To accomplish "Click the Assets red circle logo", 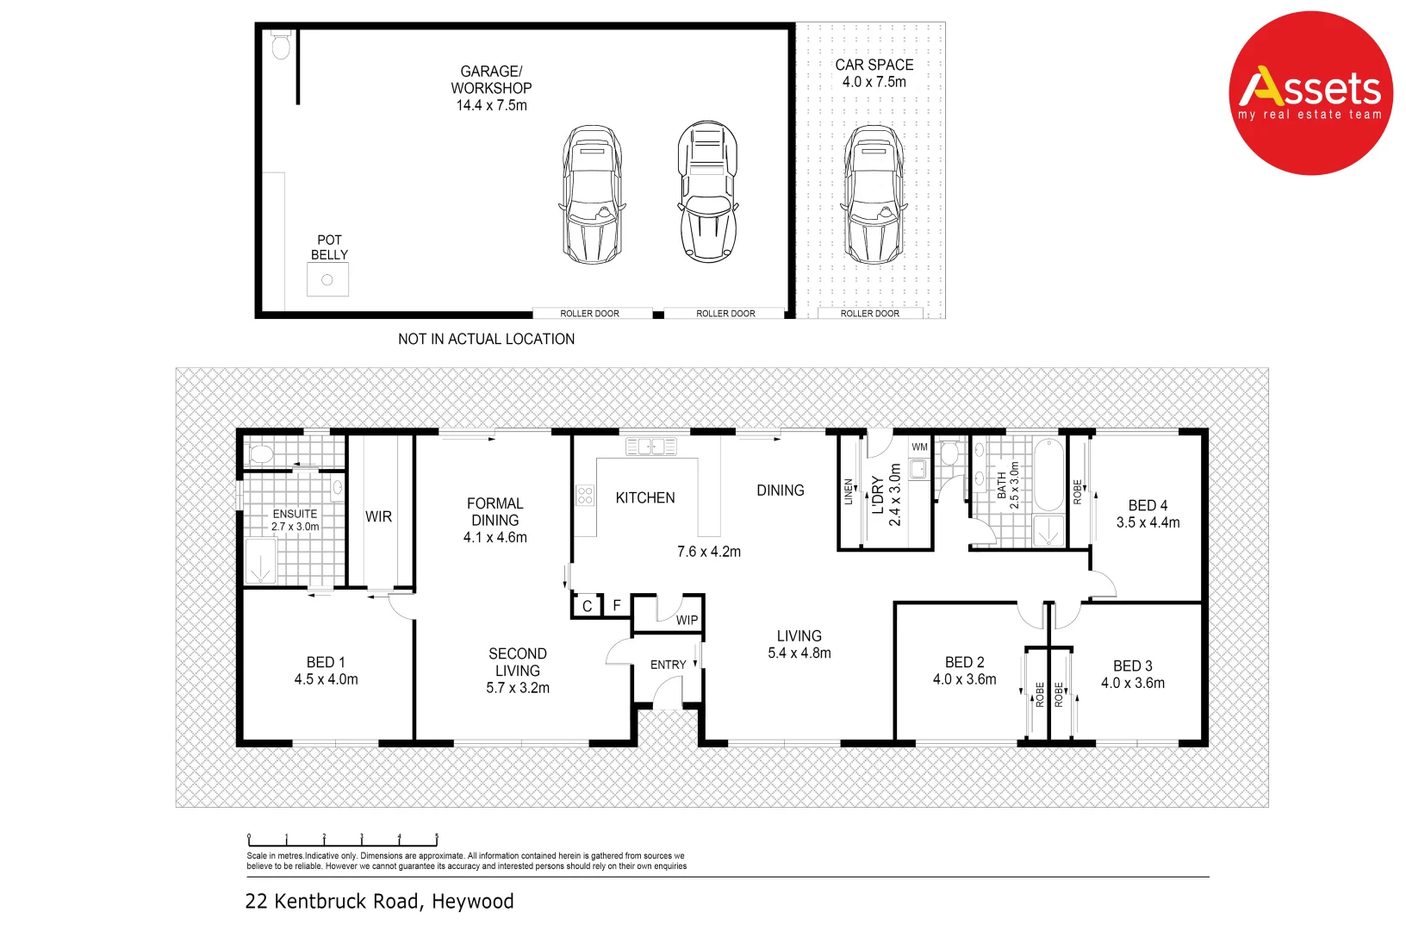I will (1310, 93).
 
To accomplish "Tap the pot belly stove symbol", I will (327, 279).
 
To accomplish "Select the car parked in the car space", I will (874, 195).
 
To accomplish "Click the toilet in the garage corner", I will (281, 45).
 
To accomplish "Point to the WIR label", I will (378, 516).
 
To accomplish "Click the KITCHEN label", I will (644, 497).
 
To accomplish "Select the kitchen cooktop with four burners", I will (585, 495).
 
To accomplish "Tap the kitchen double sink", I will (651, 446).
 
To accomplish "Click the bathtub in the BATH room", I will (1048, 475).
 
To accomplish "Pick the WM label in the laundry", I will (919, 447).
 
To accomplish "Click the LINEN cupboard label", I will (849, 491).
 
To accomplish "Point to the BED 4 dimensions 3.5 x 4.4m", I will (1148, 522).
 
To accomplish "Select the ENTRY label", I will (668, 665).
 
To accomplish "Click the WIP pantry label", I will (687, 620).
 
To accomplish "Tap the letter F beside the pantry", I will (617, 605).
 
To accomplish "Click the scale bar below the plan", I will (343, 840).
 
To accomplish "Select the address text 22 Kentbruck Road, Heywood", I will (379, 901).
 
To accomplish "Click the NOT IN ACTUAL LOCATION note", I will (486, 339).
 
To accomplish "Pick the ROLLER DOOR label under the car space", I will (869, 313).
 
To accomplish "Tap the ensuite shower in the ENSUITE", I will (260, 561).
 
